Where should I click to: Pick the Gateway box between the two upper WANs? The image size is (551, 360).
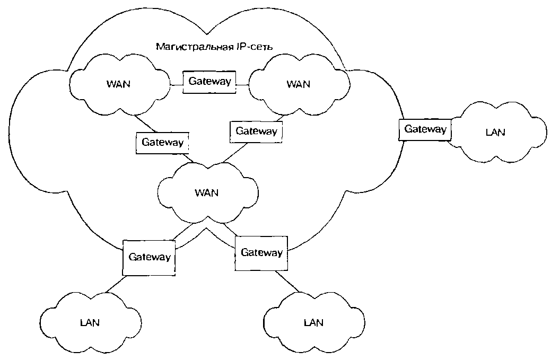[209, 82]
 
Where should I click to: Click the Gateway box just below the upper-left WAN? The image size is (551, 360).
[162, 142]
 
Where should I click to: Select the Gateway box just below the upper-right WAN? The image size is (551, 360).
[256, 131]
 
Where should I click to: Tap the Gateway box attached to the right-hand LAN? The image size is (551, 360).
[425, 129]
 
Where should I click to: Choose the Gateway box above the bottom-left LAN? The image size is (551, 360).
[150, 257]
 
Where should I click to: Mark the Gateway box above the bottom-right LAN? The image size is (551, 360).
[261, 252]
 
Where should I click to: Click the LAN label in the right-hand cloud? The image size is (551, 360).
[495, 132]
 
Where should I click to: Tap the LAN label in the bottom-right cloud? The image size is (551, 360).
[313, 322]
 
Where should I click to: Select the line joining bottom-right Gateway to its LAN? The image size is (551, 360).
[290, 282]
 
